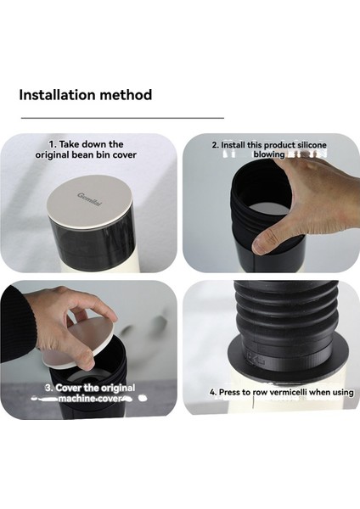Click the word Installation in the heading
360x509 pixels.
pyautogui.click(x=57, y=95)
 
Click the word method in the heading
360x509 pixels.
pyautogui.click(x=126, y=95)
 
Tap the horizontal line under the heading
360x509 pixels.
pyautogui.click(x=122, y=118)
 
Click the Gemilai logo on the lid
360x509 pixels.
pyautogui.click(x=89, y=199)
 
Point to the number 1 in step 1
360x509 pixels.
pyautogui.click(x=52, y=144)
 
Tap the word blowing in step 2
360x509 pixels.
pyautogui.click(x=268, y=154)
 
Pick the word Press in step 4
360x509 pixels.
pyautogui.click(x=230, y=392)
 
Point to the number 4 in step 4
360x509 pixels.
pyautogui.click(x=212, y=392)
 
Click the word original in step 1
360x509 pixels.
pyautogui.click(x=52, y=155)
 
